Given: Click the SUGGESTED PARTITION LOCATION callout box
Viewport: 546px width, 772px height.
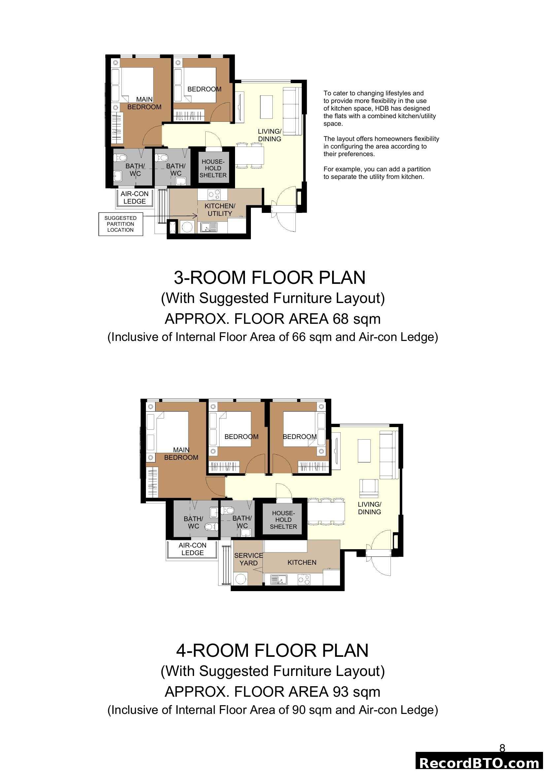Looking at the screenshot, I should tap(120, 224).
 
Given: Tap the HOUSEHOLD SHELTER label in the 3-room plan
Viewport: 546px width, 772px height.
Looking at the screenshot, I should tap(213, 168).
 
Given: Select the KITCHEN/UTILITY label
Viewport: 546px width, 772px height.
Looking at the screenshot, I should tap(220, 210).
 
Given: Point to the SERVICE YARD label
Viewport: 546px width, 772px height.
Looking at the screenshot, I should tap(248, 559).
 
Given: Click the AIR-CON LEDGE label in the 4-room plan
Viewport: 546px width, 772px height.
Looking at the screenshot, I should tap(192, 549).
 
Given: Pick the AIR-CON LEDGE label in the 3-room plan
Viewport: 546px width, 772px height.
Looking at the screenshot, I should tap(134, 197).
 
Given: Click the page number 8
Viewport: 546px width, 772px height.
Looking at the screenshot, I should tap(502, 748).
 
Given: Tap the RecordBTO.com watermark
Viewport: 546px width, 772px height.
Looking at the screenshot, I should tap(480, 762).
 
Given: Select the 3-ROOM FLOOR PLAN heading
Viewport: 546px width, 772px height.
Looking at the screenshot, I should tap(269, 278).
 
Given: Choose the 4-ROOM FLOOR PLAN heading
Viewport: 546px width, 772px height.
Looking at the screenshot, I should tap(272, 650).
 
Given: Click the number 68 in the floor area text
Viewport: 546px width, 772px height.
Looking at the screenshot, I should tap(341, 319).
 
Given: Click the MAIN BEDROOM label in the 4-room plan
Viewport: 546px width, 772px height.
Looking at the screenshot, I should tap(181, 453).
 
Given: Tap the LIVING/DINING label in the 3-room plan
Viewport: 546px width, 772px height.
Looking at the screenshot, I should tap(269, 135).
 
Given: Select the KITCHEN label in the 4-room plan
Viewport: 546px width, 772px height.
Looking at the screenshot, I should tap(302, 562).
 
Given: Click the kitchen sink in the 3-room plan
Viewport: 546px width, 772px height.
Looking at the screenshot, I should tap(208, 227).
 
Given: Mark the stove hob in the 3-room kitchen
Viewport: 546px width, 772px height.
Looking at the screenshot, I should tap(214, 194).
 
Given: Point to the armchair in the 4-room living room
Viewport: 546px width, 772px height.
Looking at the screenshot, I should tap(369, 488).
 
